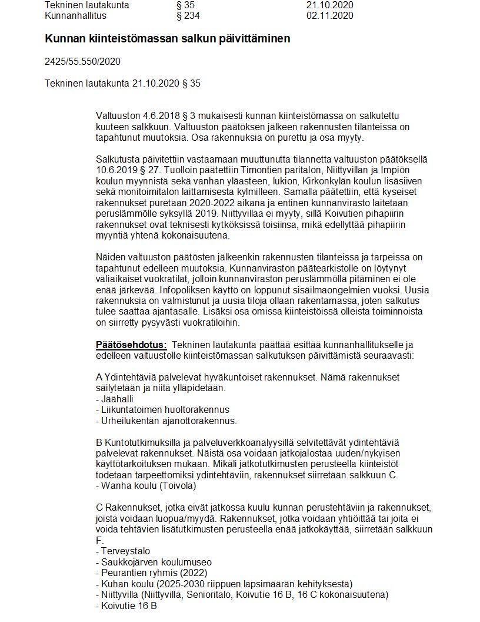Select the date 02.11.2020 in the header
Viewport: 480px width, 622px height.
[329, 15]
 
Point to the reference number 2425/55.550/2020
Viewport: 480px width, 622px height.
[82, 61]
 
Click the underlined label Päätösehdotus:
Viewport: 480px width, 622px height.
[131, 345]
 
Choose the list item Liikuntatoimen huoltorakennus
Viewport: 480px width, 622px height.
[162, 410]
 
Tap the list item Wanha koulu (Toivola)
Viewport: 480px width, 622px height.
[145, 486]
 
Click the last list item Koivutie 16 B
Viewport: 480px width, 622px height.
[126, 606]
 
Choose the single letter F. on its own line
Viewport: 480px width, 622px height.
[99, 540]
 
